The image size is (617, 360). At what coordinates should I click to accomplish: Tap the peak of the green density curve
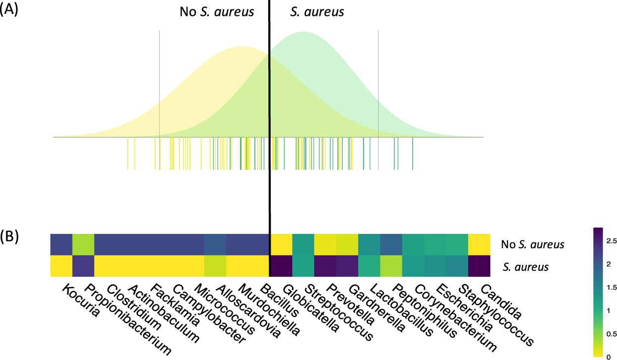304,32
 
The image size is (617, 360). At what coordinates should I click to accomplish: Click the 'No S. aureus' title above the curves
217,11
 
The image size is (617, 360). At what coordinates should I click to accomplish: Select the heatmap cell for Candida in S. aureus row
479,267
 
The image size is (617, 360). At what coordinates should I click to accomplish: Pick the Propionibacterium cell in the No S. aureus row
83,245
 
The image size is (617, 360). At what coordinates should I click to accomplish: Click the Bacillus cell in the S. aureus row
259,267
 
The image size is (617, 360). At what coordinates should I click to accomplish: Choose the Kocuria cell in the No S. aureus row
61,245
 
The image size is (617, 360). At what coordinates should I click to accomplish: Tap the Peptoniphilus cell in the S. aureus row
391,267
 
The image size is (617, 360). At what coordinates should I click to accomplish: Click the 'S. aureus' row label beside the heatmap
525,268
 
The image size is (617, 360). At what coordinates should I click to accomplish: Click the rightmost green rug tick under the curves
413,153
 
